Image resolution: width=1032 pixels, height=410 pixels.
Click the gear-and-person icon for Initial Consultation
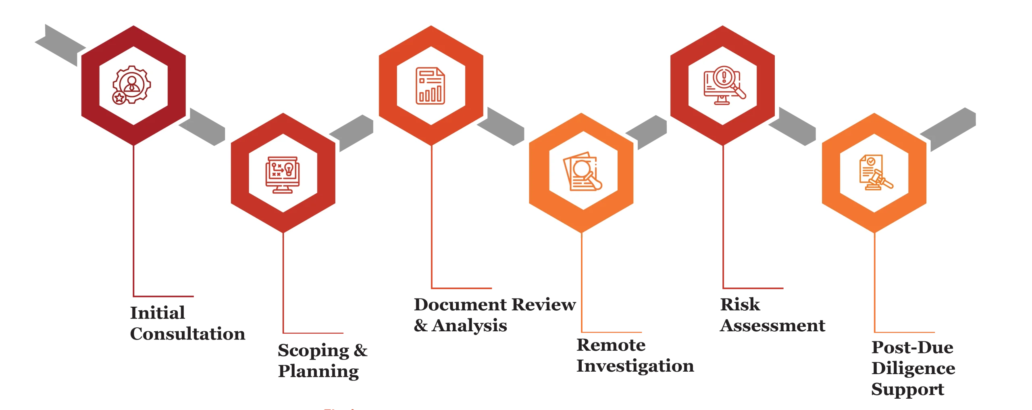131,85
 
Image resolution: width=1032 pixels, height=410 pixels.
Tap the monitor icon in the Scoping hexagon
283,175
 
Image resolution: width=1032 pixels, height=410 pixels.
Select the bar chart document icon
431,86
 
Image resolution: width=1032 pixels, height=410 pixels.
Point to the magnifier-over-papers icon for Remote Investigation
583,172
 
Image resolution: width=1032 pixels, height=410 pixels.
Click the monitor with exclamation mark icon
724,85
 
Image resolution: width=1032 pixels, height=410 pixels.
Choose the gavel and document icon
876,172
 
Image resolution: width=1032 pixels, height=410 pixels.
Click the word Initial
158,313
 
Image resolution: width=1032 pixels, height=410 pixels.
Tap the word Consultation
187,334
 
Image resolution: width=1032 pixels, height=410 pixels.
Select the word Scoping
314,351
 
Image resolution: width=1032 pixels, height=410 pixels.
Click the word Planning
318,372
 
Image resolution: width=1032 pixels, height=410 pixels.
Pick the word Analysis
469,325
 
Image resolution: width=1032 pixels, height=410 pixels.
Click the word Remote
611,345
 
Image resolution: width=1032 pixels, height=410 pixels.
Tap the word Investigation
635,366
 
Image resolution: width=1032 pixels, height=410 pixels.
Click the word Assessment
773,325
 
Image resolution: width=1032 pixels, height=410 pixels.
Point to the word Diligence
913,368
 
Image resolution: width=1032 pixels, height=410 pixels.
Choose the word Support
908,389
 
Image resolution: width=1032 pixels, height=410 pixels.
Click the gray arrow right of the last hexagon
948,129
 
